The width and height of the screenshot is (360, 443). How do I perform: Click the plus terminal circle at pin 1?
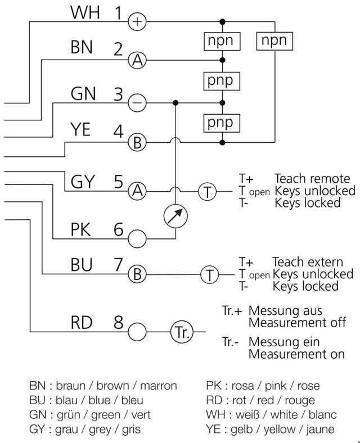coord(137,22)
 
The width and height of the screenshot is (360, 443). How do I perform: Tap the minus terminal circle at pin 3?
coord(137,103)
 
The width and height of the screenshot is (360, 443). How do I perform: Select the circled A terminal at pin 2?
coord(137,60)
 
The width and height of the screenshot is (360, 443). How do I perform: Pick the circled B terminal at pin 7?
coord(137,275)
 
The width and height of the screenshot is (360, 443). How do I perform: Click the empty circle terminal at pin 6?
coord(137,238)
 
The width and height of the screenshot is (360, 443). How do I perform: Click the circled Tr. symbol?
coord(182,332)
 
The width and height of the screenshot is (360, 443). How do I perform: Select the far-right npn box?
coord(274,40)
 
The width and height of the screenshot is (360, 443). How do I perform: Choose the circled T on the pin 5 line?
coord(208,192)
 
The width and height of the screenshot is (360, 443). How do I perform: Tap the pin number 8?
coord(118,323)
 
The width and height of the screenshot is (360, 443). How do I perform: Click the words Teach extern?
coord(308,262)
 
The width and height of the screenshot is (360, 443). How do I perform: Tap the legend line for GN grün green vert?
coord(90,415)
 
